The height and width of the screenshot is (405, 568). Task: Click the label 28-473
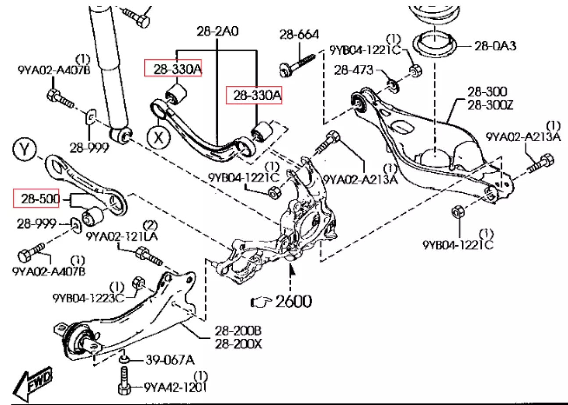point(354,69)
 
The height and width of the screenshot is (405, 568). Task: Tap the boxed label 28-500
point(36,199)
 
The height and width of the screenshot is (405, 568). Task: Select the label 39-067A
point(170,360)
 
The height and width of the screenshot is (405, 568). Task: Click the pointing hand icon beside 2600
point(262,301)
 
